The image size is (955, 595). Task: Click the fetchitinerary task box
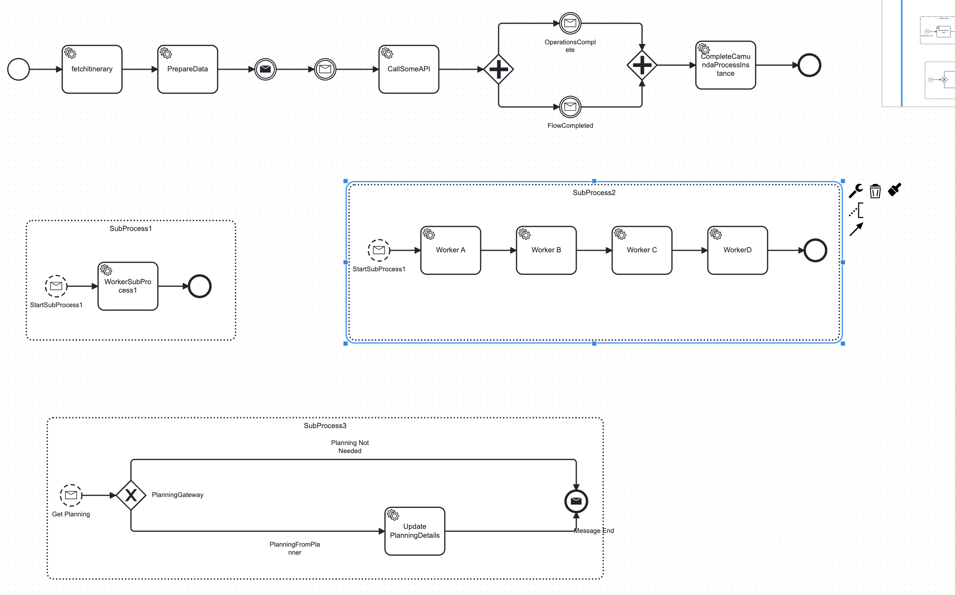(x=92, y=69)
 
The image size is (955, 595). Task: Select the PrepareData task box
(x=188, y=69)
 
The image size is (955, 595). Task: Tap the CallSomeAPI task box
(x=409, y=69)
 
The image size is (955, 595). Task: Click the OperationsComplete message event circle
(x=570, y=23)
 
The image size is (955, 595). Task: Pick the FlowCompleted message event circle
(x=570, y=107)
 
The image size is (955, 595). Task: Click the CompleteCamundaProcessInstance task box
(x=726, y=65)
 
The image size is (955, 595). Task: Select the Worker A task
(x=450, y=250)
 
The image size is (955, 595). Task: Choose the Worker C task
(x=642, y=250)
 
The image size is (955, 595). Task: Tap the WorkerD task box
(x=738, y=250)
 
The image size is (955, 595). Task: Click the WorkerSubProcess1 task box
(x=128, y=286)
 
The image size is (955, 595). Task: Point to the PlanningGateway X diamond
(x=131, y=495)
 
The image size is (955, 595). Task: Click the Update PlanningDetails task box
(x=415, y=531)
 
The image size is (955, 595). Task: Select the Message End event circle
(x=576, y=501)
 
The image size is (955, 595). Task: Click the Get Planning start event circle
(x=71, y=495)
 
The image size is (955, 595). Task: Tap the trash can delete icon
(x=875, y=191)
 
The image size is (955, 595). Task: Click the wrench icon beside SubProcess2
(x=856, y=191)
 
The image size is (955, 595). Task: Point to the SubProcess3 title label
(x=325, y=426)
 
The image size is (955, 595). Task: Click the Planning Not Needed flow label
(x=350, y=447)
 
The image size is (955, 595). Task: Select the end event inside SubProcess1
(x=200, y=286)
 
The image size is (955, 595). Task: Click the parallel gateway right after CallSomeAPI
(x=498, y=69)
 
